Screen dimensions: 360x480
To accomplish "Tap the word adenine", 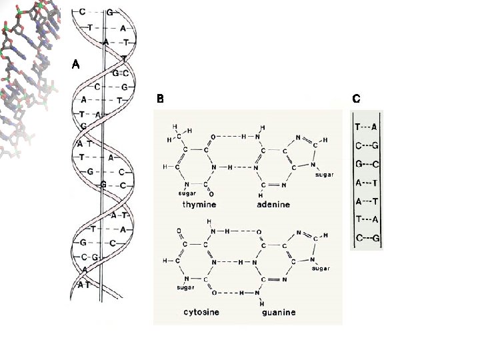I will click(273, 205).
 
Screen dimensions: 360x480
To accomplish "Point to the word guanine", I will click(279, 311).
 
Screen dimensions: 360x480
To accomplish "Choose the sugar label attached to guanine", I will click(321, 268).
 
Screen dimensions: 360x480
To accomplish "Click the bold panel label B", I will click(160, 99).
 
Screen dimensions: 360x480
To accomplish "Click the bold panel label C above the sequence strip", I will click(357, 99).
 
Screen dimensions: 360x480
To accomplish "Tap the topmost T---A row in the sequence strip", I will click(367, 126).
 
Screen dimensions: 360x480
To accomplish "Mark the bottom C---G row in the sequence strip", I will click(367, 237).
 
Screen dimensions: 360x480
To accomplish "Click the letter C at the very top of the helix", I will click(82, 12).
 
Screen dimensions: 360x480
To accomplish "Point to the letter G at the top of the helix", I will click(109, 12).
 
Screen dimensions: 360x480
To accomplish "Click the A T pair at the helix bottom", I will click(84, 285).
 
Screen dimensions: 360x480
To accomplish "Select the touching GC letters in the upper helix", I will click(121, 72).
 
